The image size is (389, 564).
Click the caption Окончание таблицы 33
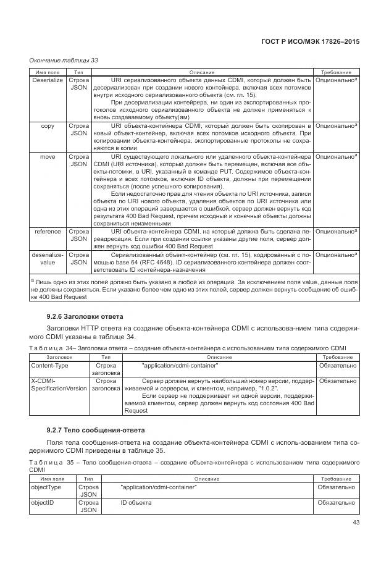click(x=64, y=60)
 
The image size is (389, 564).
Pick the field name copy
click(x=47, y=125)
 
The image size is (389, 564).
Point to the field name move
click(x=47, y=157)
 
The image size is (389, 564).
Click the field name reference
click(x=47, y=232)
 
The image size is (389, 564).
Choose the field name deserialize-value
click(x=47, y=258)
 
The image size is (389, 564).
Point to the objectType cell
click(x=46, y=487)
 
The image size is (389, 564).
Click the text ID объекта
click(x=136, y=503)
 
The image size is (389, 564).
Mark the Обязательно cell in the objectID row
click(x=337, y=503)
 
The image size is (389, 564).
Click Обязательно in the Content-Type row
click(x=337, y=365)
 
